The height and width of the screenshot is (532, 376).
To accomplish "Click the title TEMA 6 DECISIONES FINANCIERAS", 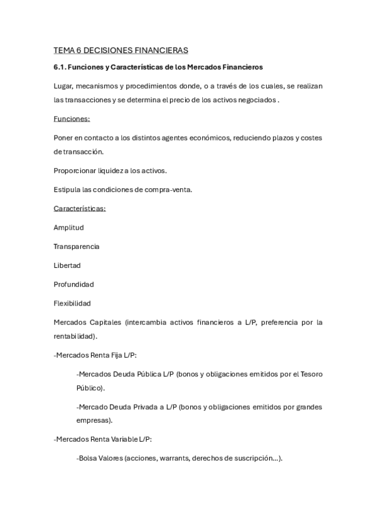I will [x=121, y=50].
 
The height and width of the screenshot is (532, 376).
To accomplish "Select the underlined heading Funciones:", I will [x=72, y=119].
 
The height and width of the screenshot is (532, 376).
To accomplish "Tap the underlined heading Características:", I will [x=80, y=208].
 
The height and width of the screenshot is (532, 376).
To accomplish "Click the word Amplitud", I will [x=68, y=227].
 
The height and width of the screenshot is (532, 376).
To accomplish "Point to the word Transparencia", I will [x=77, y=246].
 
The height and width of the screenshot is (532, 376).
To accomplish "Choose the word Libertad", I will [x=67, y=265].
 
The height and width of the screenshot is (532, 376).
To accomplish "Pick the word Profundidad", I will [x=74, y=284].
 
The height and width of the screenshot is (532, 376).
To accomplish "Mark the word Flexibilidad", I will [x=72, y=303].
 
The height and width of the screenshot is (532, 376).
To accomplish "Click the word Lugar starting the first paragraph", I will [x=63, y=85].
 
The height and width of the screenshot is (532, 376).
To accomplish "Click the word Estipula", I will [x=67, y=189].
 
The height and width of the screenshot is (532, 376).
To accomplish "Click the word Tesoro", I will [x=309, y=374].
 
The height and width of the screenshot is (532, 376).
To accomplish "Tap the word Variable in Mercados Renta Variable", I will [x=119, y=439].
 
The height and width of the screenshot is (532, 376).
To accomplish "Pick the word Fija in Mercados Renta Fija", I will [x=114, y=355].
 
